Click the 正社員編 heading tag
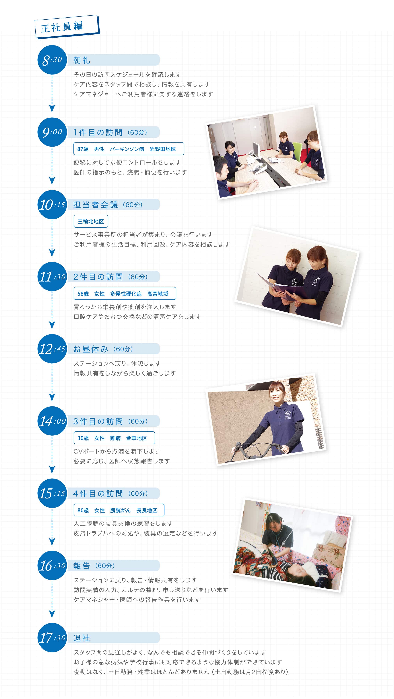point(67,27)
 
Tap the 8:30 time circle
point(52,60)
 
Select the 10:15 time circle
point(52,205)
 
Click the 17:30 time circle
point(52,637)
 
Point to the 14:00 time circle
point(52,421)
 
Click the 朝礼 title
point(82,60)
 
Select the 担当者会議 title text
point(95,205)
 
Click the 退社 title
point(81,638)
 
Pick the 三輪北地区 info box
point(91,221)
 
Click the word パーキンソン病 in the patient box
point(127,149)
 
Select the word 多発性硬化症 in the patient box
point(126,294)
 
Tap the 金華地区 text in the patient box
point(136,438)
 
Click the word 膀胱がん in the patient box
point(120,510)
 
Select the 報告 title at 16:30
point(81,565)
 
